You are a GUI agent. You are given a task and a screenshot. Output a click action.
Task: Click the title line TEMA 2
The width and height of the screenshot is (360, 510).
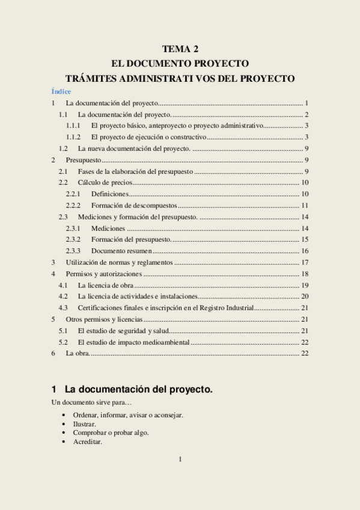click(180, 49)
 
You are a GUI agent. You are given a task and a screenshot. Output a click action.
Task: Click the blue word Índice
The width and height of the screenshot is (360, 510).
click(61, 91)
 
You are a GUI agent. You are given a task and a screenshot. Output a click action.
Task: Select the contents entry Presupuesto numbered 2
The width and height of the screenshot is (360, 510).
click(84, 160)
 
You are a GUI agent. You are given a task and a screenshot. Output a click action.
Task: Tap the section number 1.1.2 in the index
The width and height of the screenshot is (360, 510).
click(73, 137)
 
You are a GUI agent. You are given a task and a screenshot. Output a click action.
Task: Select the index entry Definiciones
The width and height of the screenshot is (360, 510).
click(110, 194)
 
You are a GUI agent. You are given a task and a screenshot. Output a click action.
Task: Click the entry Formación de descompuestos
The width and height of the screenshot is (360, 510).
click(134, 206)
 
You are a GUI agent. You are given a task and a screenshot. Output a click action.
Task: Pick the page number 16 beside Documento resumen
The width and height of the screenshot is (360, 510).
click(305, 251)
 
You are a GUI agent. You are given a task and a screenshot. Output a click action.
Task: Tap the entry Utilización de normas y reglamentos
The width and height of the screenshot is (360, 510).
click(120, 262)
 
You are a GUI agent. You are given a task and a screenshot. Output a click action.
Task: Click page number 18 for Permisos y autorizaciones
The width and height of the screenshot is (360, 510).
click(305, 274)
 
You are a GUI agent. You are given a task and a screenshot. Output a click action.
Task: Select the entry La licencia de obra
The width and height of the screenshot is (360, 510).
click(106, 285)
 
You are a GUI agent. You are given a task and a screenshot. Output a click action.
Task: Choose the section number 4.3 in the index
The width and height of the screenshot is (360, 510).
click(63, 308)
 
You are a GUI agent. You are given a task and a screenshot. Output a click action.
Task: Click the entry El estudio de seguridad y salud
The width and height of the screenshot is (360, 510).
click(123, 331)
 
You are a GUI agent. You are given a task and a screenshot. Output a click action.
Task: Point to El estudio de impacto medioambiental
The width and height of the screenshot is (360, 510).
click(134, 342)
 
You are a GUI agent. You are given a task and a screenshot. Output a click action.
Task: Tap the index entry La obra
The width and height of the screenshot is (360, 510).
click(78, 354)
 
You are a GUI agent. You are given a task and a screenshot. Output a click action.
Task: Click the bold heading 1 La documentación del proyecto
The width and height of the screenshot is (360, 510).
click(132, 390)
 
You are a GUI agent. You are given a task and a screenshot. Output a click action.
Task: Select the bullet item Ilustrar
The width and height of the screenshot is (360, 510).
click(84, 424)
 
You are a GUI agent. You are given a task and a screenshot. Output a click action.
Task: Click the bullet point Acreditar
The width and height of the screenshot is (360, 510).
click(87, 441)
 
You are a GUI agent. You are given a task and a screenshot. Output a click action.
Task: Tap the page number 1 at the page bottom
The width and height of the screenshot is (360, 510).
click(180, 460)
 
